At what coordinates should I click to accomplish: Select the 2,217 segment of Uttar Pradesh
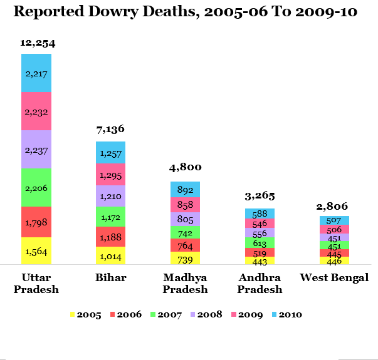click(x=36, y=73)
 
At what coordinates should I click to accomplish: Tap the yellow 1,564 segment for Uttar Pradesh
click(x=36, y=251)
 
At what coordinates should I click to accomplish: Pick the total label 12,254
click(x=36, y=44)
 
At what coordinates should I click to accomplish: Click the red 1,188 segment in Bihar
click(x=111, y=236)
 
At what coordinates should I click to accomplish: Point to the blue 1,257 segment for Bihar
click(x=111, y=152)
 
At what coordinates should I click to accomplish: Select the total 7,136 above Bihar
click(x=110, y=130)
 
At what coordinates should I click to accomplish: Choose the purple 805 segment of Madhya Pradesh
click(x=186, y=219)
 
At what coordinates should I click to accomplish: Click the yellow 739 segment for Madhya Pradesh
click(x=186, y=258)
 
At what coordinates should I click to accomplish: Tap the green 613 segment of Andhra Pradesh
click(x=260, y=242)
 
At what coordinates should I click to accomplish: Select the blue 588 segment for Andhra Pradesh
click(x=260, y=213)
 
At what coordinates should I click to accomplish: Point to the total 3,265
click(x=260, y=197)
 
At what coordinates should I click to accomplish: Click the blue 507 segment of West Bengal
click(x=334, y=220)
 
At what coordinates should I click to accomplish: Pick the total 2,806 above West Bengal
click(x=334, y=206)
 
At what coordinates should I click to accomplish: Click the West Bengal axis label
click(x=334, y=277)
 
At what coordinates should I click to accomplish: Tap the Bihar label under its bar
click(x=110, y=277)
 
